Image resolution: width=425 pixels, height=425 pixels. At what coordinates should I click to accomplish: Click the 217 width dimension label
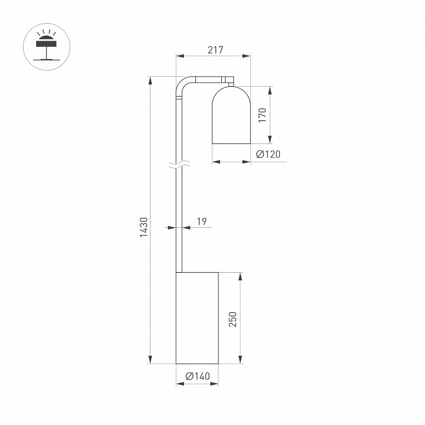coord(215,50)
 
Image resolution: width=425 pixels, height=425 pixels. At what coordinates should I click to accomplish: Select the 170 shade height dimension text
coord(262,115)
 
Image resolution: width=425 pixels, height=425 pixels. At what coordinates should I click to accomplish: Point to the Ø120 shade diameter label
coord(269,155)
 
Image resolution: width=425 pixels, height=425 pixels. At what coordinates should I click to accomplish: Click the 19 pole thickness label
coord(201,221)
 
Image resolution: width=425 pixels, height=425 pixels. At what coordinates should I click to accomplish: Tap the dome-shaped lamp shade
coord(231,115)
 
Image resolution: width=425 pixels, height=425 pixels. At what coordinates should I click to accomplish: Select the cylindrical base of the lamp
coord(198,318)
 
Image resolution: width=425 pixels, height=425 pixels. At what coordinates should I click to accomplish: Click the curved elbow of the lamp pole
coord(182,85)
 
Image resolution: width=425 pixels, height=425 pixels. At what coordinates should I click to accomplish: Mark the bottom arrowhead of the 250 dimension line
coord(240,360)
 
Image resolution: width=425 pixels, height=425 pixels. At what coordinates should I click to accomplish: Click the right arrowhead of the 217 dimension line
coord(247,57)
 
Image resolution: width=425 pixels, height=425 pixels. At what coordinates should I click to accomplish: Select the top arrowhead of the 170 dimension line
coord(270,90)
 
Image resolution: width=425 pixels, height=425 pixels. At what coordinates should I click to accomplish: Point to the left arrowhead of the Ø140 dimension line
coord(179,384)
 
